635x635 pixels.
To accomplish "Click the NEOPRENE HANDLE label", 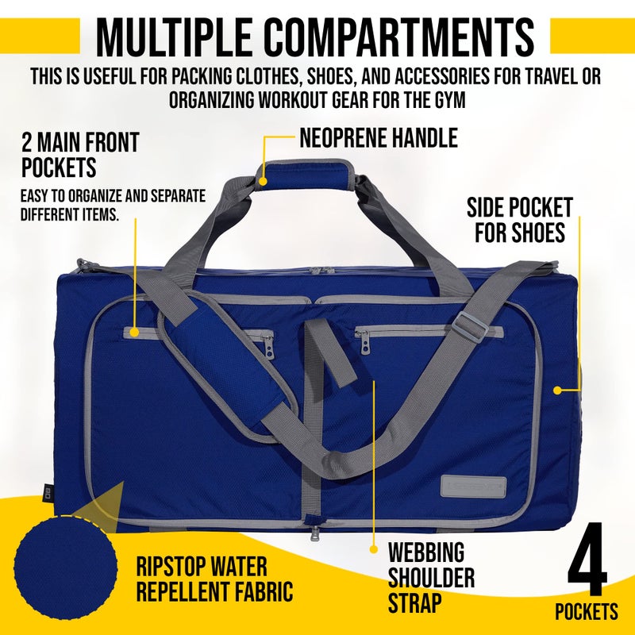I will pyautogui.click(x=379, y=138).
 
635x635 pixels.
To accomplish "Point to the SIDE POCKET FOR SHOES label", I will pyautogui.click(x=519, y=221).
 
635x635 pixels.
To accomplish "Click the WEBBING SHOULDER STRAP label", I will pyautogui.click(x=426, y=577).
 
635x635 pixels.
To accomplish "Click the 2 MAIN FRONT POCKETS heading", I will pyautogui.click(x=79, y=155).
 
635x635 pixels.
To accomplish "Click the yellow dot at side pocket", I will pyautogui.click(x=557, y=390).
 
